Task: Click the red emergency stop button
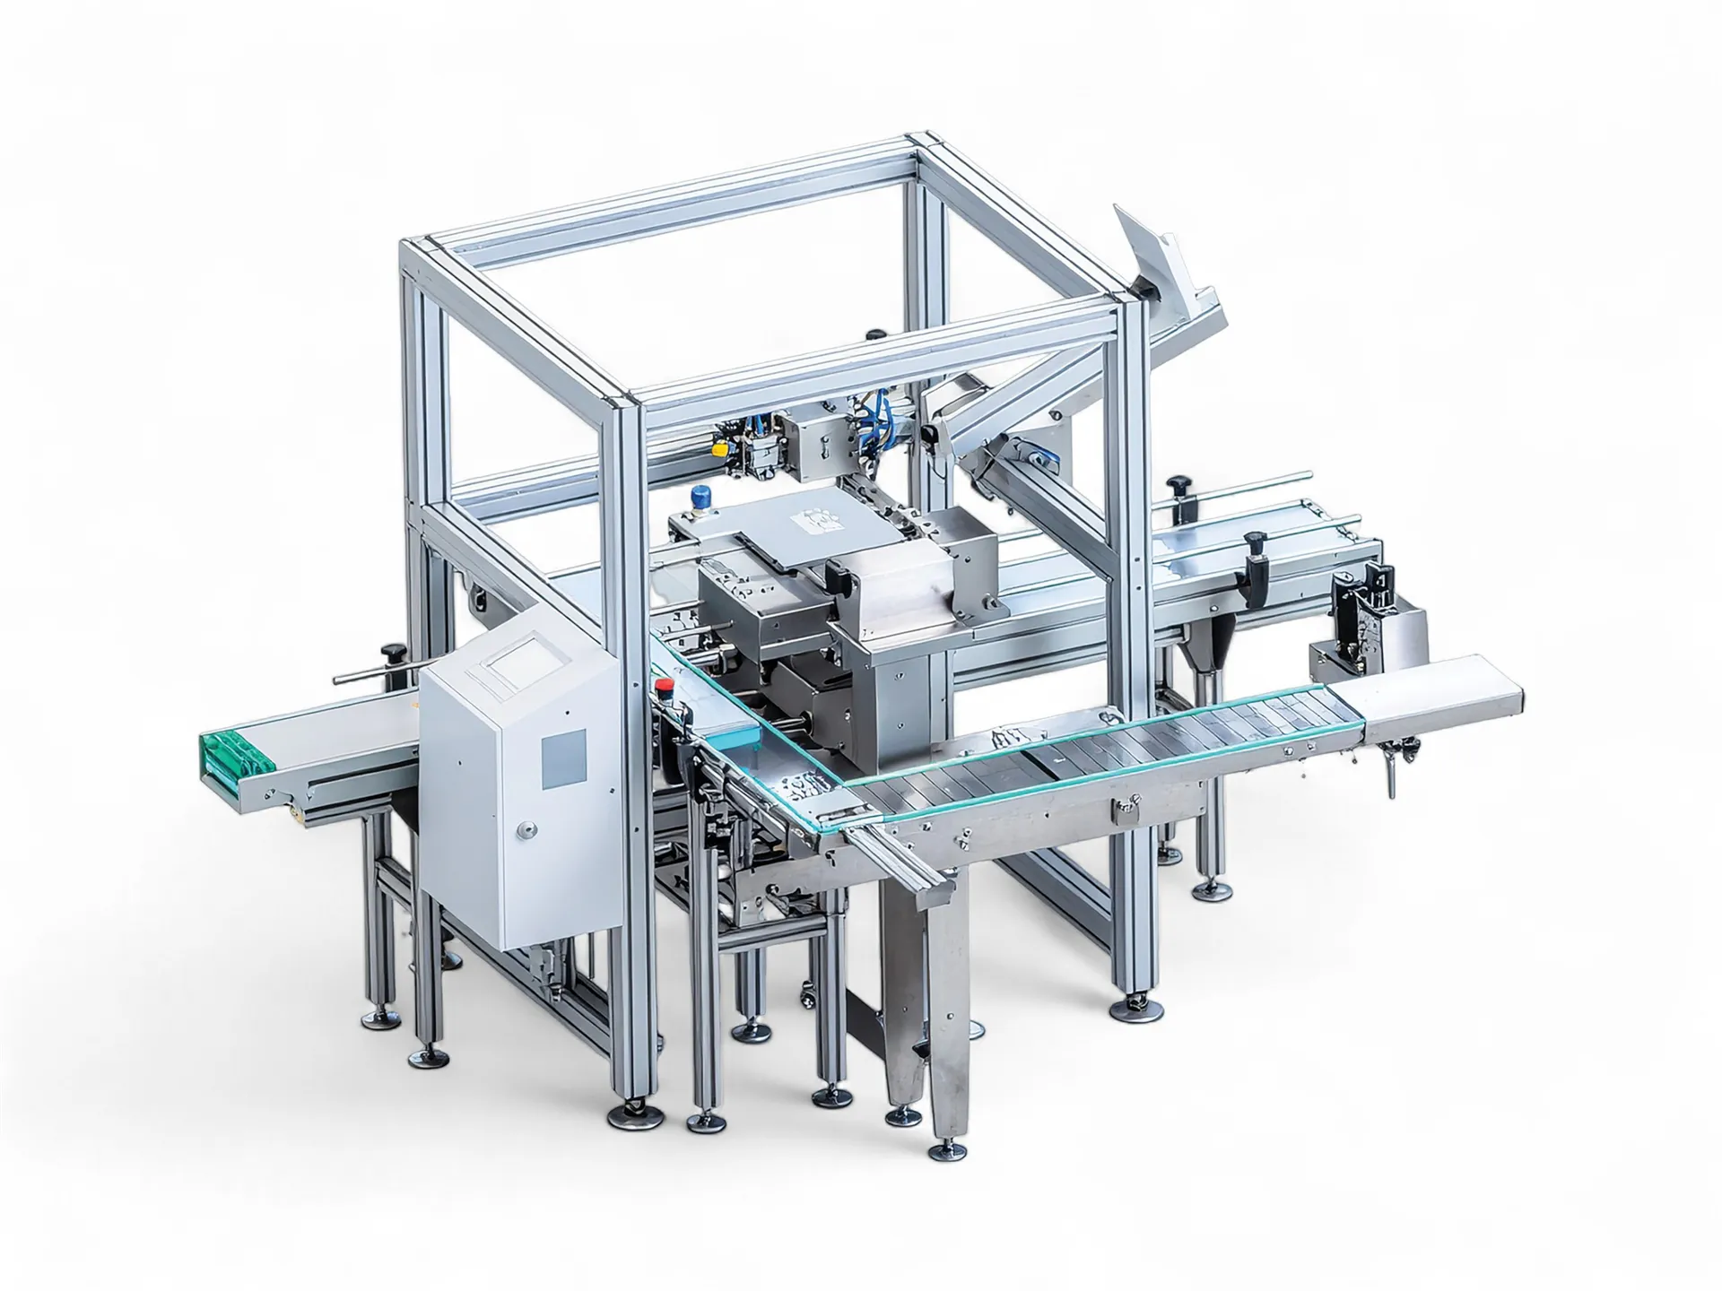tap(665, 687)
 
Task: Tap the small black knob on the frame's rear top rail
tap(874, 334)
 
